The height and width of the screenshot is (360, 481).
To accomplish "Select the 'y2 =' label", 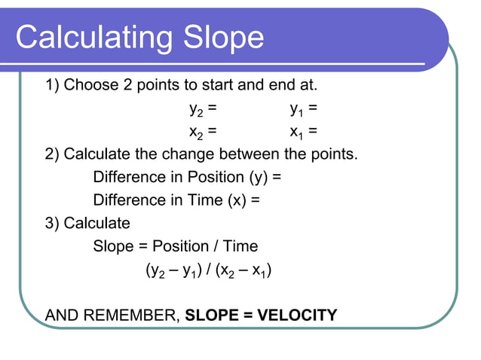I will point(203,109).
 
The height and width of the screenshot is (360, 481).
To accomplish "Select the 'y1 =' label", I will point(304,109).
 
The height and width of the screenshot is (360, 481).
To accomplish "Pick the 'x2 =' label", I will point(203,133).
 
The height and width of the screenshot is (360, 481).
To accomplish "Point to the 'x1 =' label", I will point(304,133).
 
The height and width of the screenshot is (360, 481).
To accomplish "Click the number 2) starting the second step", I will point(54,155).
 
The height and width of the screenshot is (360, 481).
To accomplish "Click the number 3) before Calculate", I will point(54,224).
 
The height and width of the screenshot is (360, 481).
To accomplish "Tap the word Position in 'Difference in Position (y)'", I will point(195,178).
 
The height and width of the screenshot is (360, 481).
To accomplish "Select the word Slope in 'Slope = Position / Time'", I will point(112,246).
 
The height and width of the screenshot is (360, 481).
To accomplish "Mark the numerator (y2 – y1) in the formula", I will point(176,270).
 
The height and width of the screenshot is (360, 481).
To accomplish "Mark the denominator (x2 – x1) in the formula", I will point(244,270).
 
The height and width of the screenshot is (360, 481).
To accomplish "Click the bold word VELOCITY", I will point(297,315).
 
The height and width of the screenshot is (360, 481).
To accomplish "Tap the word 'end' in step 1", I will point(280,85).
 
